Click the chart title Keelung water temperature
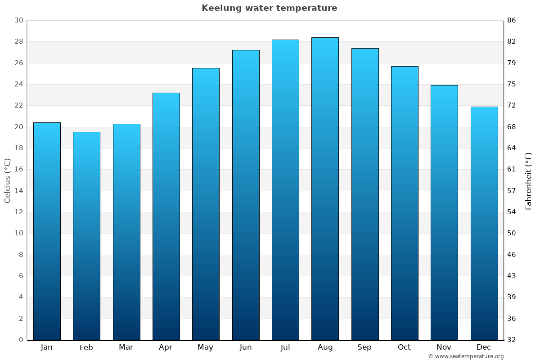coord(269,8)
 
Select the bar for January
coord(47,231)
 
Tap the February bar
coord(86,236)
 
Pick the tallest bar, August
coord(325,189)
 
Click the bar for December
coord(484,223)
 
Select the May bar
coord(206,204)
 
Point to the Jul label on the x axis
coord(285,347)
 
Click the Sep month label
coord(364,347)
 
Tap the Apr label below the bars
coord(166,347)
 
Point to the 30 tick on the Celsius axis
coord(18,20)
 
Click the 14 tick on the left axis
coord(18,191)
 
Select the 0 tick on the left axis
coord(21,340)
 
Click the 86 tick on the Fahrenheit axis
coord(512,20)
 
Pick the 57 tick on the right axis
coord(512,191)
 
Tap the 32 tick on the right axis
coord(512,340)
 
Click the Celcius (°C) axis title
coord(7,180)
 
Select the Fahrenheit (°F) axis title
coord(529,181)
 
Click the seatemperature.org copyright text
coord(466,356)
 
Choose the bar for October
coord(405,203)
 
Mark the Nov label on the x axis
coord(444,347)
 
